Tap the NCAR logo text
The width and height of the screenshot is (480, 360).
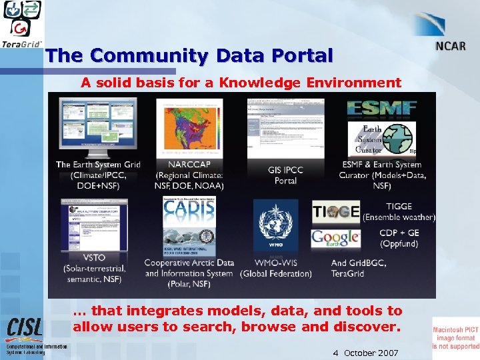[451, 47]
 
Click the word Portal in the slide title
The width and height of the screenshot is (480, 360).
[294, 56]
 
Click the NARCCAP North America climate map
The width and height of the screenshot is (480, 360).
[189, 129]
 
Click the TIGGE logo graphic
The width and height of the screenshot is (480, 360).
[336, 211]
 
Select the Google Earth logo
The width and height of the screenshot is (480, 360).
[336, 238]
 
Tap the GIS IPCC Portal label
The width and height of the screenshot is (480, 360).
[285, 175]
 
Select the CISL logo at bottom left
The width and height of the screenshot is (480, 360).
[25, 328]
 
